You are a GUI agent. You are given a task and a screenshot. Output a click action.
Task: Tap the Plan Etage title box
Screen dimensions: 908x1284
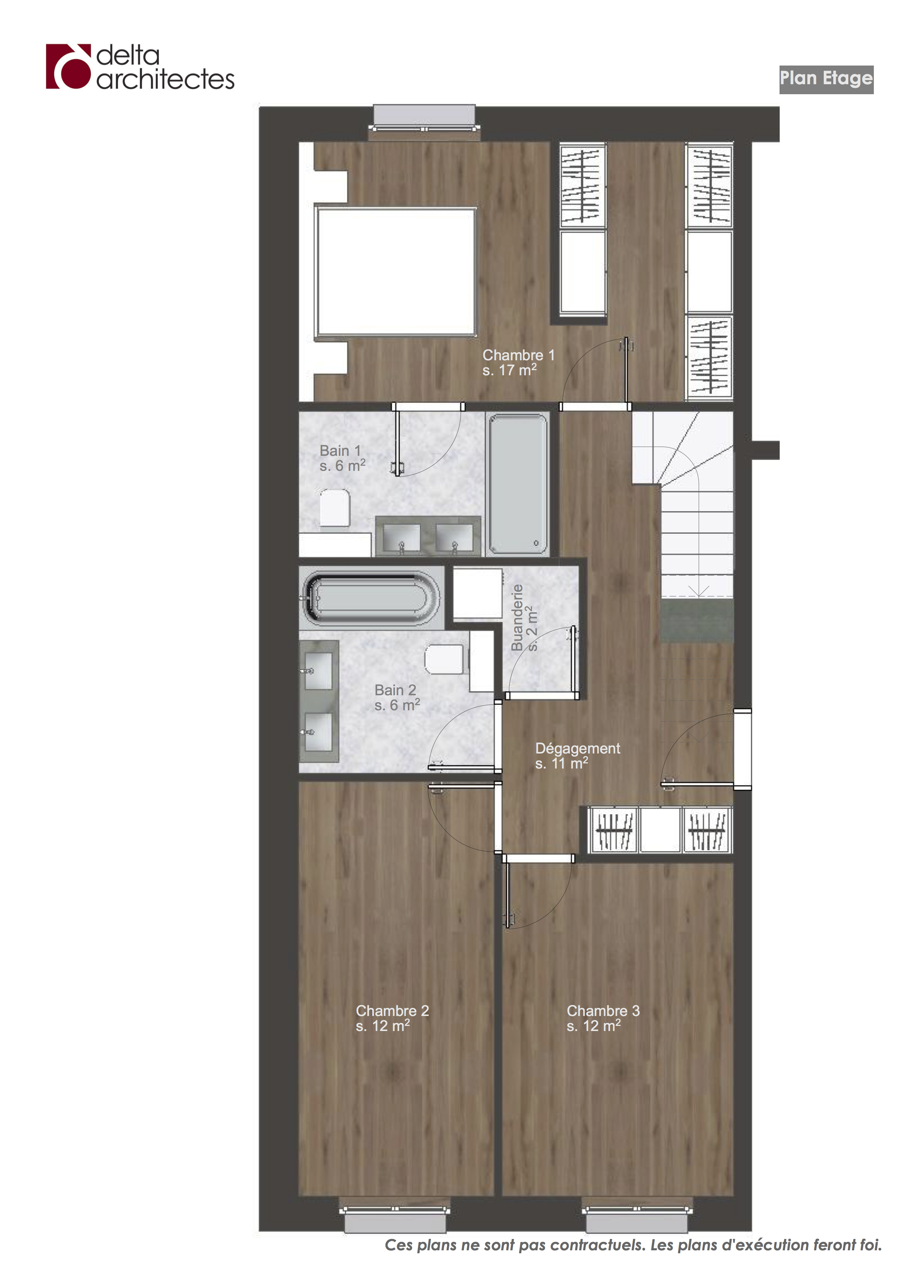coord(826,79)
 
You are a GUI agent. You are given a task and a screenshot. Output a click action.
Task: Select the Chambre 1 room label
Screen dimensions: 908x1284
coord(518,362)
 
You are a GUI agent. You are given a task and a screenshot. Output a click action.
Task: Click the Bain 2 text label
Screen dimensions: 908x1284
coord(397,697)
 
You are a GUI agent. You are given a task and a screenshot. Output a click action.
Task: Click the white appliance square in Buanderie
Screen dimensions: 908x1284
coord(477,593)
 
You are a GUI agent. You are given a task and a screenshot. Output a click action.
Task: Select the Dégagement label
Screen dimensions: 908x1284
coord(577,756)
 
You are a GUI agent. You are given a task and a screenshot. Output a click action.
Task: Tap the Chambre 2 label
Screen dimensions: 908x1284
coord(392,1018)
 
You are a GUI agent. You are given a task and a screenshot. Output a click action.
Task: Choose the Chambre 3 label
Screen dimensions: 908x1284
coord(603,1018)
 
